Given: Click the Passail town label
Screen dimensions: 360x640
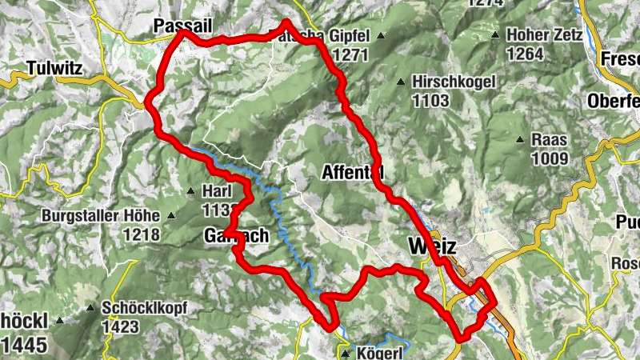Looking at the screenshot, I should coord(183,26).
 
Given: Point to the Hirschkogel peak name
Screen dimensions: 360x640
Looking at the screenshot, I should coord(454,82).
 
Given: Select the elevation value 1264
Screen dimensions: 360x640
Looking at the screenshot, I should coord(525,54).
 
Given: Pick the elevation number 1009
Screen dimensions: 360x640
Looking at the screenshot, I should coord(549,158).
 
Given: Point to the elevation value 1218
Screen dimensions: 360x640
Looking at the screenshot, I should coord(142,235).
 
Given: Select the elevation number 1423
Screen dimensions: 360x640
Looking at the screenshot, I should coord(121,326).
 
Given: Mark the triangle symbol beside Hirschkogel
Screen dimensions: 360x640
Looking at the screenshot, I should coord(401,82).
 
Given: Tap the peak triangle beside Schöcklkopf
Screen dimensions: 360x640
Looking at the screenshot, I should coord(90,307).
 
